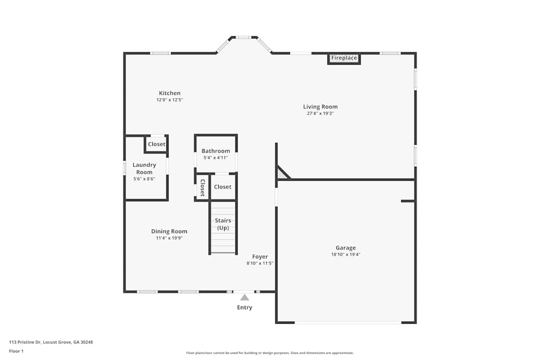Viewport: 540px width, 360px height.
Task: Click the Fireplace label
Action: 344,58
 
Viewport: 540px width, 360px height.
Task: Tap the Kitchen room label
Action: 170,93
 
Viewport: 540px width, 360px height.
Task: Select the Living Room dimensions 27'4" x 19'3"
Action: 320,113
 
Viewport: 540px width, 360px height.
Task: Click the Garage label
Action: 346,248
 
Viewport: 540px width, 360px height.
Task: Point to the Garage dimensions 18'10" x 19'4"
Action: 346,254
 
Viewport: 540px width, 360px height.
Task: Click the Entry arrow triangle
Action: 245,297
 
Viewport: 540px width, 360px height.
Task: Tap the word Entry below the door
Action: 245,308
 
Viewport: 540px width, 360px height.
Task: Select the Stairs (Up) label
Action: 223,224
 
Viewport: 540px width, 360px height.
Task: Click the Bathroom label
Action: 216,151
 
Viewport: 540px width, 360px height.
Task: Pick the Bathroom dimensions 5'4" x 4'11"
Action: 216,158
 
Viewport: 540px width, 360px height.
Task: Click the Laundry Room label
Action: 144,168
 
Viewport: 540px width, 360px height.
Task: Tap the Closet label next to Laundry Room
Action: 157,144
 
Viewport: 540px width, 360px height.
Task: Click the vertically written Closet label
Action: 202,187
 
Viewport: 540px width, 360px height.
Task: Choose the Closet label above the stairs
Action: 222,187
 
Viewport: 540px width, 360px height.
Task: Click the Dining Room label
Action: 169,232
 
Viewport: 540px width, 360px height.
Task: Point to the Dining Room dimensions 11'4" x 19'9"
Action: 169,238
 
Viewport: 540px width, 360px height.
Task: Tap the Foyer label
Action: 260,257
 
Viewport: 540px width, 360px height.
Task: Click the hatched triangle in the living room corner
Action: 282,174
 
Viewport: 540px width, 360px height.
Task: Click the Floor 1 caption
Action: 16,351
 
